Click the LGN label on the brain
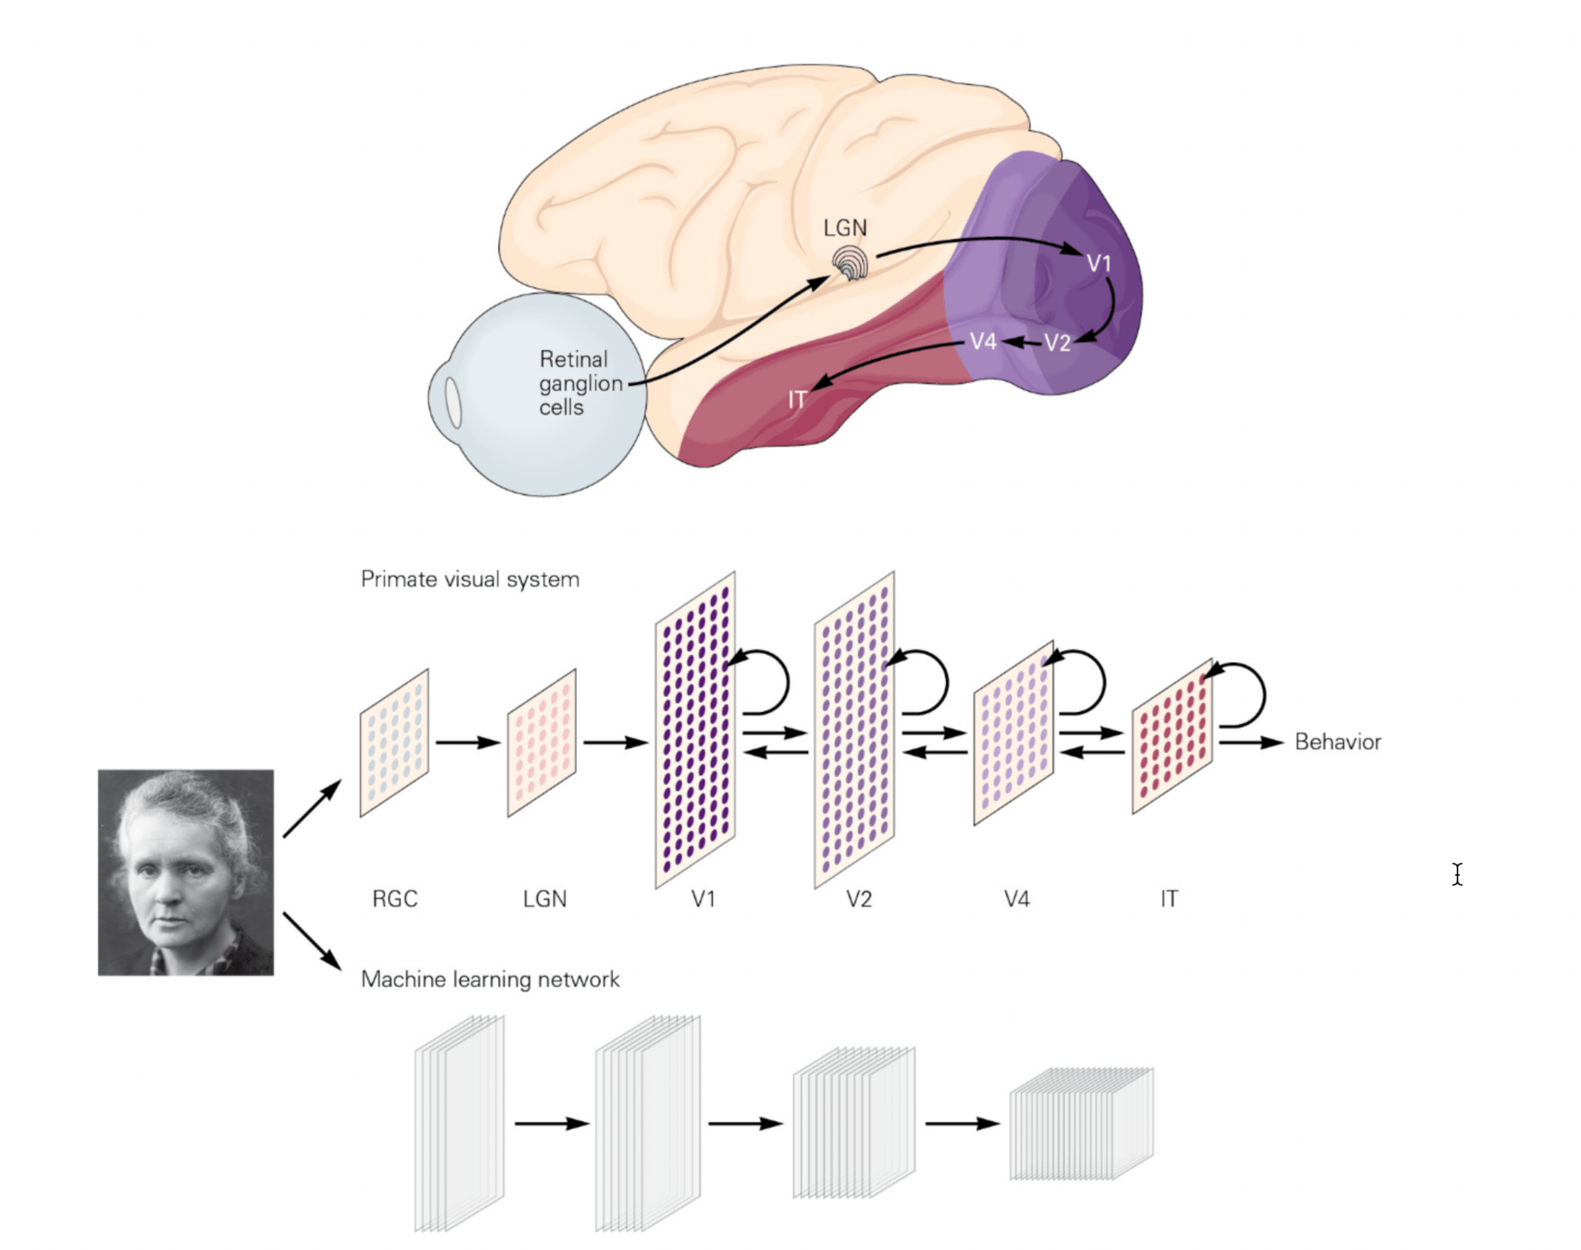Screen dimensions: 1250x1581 point(844,228)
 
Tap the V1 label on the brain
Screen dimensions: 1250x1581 point(1099,264)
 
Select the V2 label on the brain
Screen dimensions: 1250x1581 point(1057,344)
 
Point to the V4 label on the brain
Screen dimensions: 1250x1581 point(983,342)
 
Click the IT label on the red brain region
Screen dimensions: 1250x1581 point(796,400)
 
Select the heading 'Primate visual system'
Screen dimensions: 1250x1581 point(469,580)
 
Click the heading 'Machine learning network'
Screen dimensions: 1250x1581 point(490,980)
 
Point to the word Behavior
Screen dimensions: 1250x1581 point(1338,742)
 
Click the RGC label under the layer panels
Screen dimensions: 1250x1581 point(394,899)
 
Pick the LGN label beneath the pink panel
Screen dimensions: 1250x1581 point(544,899)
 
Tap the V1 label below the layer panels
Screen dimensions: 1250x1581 point(703,899)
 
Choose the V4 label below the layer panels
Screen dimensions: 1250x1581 point(1016,899)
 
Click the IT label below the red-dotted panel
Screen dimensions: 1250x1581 point(1169,899)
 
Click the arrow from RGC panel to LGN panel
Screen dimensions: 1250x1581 point(467,742)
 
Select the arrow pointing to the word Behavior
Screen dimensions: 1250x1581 point(1251,742)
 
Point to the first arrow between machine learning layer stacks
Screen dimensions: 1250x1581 point(552,1123)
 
